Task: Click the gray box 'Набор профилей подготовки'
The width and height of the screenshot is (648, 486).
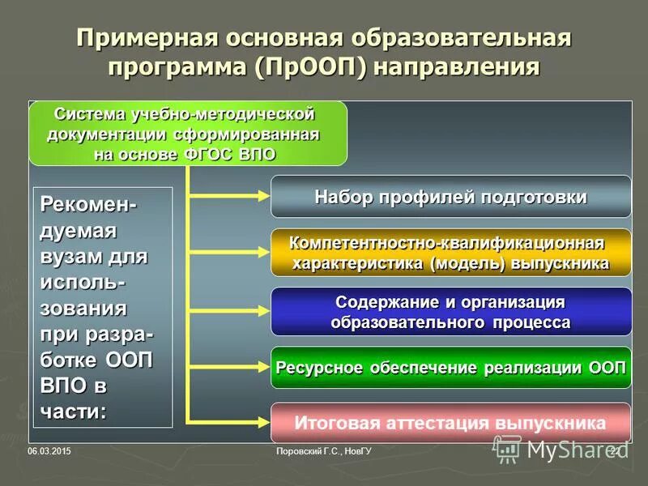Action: (x=450, y=197)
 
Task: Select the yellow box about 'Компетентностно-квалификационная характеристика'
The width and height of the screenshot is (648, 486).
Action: (x=450, y=253)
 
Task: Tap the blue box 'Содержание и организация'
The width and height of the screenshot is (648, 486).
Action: (x=450, y=312)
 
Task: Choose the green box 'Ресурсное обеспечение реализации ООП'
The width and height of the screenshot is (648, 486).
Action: (x=450, y=368)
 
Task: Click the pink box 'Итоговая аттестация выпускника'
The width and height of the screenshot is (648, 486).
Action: (x=450, y=423)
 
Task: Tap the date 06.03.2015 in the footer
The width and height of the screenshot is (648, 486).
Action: (x=49, y=450)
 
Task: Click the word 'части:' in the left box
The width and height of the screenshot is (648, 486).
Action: (x=73, y=411)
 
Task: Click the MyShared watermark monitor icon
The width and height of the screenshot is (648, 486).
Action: (x=509, y=448)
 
